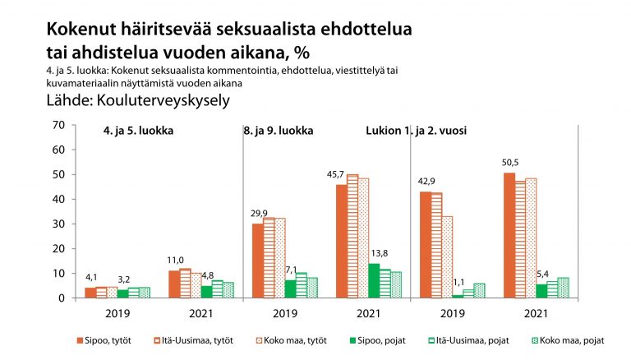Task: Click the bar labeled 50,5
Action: [x=509, y=235]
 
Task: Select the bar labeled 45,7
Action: [x=341, y=241]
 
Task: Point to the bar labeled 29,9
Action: [x=257, y=261]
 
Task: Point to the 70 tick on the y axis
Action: [x=58, y=125]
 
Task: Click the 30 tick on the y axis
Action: [x=58, y=224]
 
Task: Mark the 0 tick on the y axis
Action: [x=61, y=298]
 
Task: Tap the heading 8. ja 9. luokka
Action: [x=278, y=132]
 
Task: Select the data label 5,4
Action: [x=542, y=272]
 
